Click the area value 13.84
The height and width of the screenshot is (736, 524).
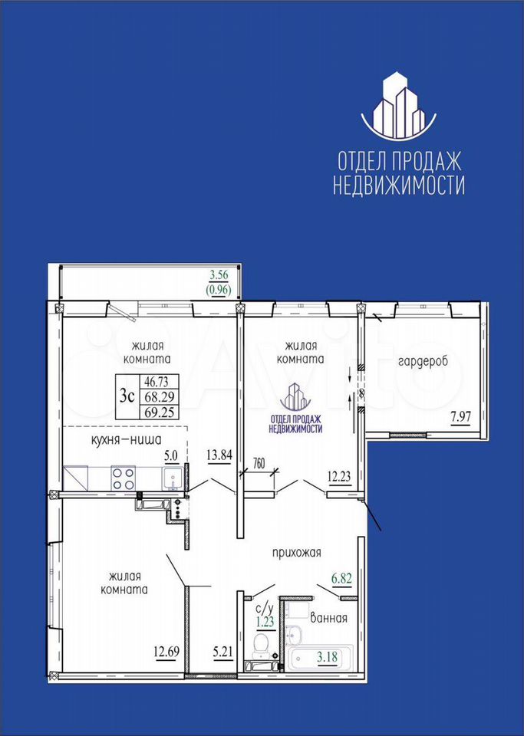tap(219, 455)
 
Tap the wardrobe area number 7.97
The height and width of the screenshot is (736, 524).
tap(461, 416)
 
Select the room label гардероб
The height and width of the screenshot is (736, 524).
tap(423, 363)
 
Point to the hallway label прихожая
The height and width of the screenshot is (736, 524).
tap(297, 553)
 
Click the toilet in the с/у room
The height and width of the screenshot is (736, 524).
tap(259, 646)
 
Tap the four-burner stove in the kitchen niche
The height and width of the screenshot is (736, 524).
tap(123, 478)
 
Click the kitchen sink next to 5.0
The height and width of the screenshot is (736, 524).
tap(173, 478)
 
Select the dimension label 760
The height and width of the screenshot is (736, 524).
tap(259, 463)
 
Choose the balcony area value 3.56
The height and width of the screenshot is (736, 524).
tap(219, 275)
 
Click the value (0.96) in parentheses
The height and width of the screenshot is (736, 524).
tap(219, 290)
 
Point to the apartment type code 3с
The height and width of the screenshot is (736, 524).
tap(127, 397)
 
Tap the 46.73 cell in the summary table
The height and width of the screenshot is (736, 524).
tap(157, 381)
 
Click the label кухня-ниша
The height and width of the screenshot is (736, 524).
tap(127, 440)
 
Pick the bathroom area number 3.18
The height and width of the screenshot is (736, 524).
tap(327, 657)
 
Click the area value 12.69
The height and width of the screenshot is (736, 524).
tap(166, 652)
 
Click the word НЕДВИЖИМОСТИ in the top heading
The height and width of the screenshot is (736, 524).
tap(399, 185)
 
